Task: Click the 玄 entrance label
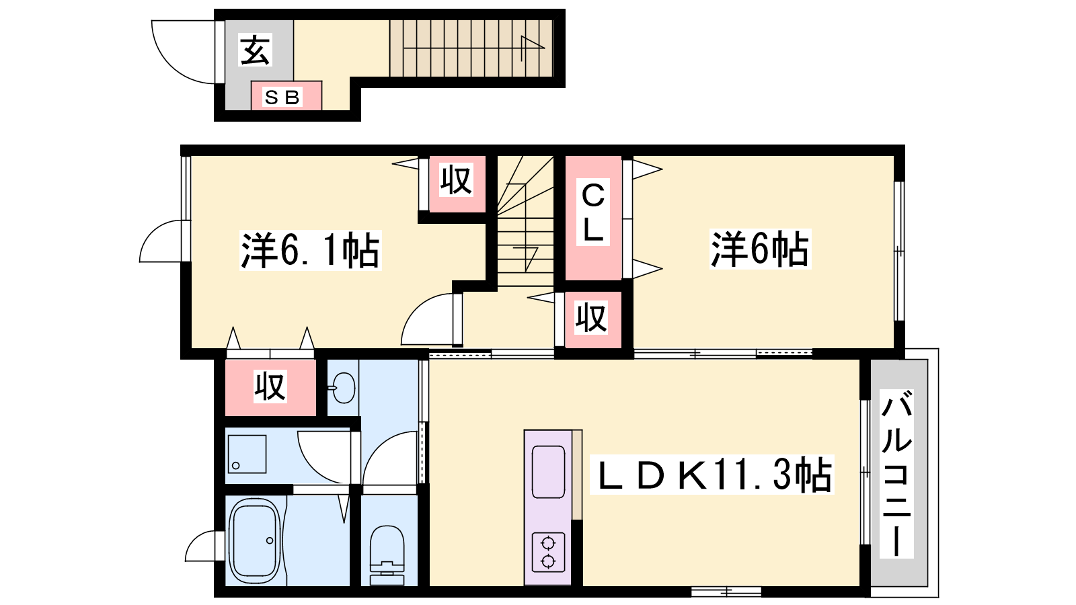pyautogui.click(x=255, y=50)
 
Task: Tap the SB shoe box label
pyautogui.click(x=282, y=97)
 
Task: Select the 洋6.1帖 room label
pyautogui.click(x=310, y=249)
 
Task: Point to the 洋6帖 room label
pyautogui.click(x=760, y=249)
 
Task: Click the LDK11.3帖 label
pyautogui.click(x=712, y=475)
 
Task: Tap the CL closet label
pyautogui.click(x=592, y=212)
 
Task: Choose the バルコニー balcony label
pyautogui.click(x=896, y=474)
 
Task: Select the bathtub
pyautogui.click(x=255, y=540)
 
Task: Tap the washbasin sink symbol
pyautogui.click(x=342, y=387)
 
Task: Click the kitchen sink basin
pyautogui.click(x=548, y=472)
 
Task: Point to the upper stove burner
pyautogui.click(x=548, y=544)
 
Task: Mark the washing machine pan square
pyautogui.click(x=247, y=454)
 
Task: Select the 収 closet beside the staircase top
pyautogui.click(x=457, y=184)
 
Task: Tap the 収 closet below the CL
pyautogui.click(x=592, y=319)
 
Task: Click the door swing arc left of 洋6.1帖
pyautogui.click(x=161, y=241)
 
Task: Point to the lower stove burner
pyautogui.click(x=548, y=561)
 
